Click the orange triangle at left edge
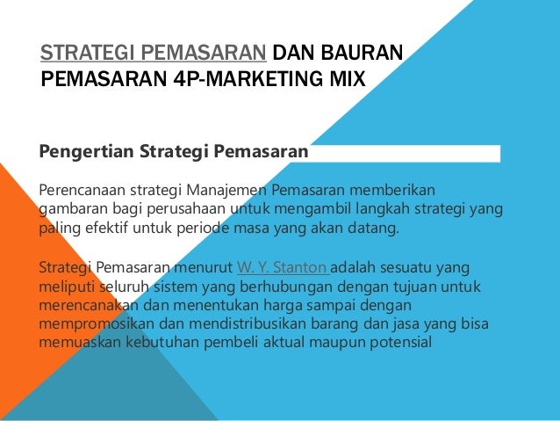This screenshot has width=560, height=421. [16, 264]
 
